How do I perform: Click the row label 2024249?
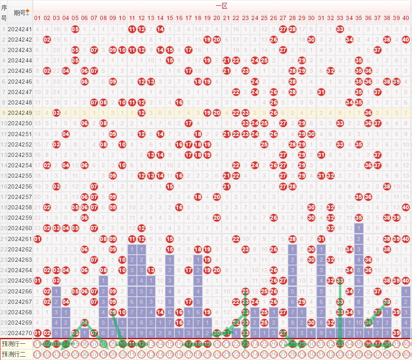click(x=20, y=113)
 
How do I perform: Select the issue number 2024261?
click(x=20, y=238)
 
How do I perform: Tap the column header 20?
click(x=216, y=18)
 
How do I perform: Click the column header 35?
click(x=359, y=18)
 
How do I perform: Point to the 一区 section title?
click(x=221, y=6)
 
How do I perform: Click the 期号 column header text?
click(x=19, y=12)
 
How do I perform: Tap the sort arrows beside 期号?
click(x=28, y=12)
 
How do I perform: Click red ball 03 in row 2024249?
click(x=56, y=113)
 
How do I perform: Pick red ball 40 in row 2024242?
click(x=406, y=40)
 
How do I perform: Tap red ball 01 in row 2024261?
click(x=37, y=238)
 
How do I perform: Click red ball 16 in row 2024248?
click(x=179, y=102)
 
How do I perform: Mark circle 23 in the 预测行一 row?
click(x=245, y=344)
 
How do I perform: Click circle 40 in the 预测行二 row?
click(x=406, y=354)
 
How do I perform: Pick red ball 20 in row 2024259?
click(x=216, y=217)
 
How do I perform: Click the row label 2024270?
click(x=20, y=333)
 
